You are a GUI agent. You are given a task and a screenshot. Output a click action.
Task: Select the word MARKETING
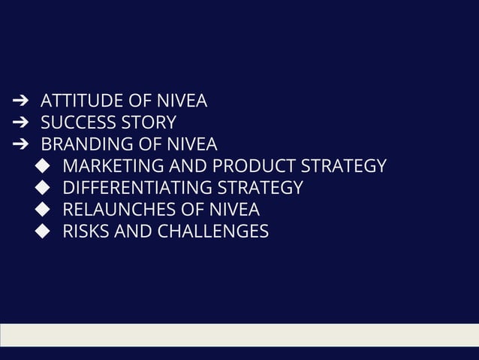[108, 166]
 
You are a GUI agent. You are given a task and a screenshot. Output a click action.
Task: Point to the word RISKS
[86, 231]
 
